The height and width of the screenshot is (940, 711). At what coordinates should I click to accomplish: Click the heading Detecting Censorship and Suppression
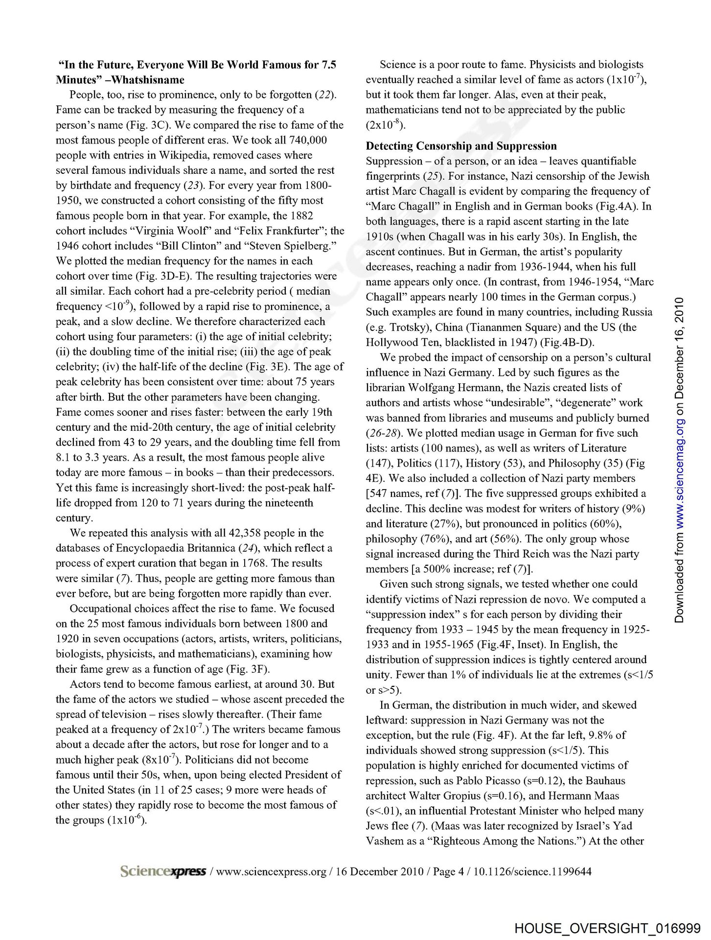[x=461, y=146]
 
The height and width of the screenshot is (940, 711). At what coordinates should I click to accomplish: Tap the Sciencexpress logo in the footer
[x=162, y=871]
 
